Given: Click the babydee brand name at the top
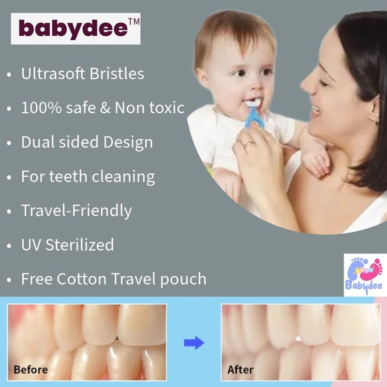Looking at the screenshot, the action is coord(74,29).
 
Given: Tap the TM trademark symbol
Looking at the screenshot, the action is coord(134,22).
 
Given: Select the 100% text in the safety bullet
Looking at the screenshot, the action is coord(41,108).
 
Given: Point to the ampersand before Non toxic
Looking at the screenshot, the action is coord(105,108).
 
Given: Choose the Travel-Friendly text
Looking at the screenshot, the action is coord(76,211).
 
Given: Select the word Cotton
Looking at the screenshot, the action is coord(82,279).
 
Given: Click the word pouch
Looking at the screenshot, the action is coord(183,280).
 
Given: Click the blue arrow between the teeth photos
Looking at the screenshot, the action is coord(194,343).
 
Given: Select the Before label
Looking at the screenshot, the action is coord(31,370).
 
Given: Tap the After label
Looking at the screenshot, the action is coord(240,370).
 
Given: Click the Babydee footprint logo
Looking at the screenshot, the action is coord(365,275).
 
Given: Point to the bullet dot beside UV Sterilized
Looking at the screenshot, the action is coord(9,246).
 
